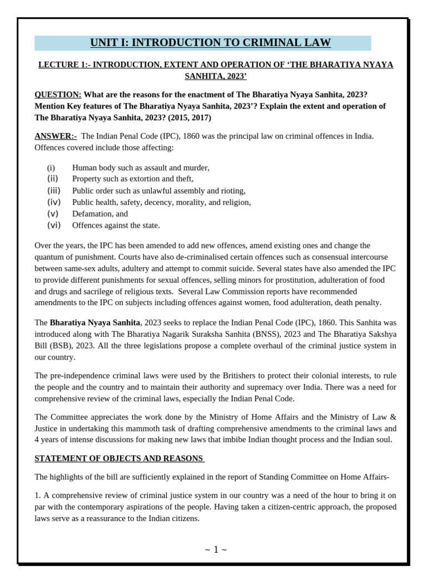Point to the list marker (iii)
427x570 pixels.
pyautogui.click(x=53, y=190)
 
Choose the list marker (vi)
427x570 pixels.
pyautogui.click(x=53, y=225)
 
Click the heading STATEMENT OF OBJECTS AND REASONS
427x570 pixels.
pyautogui.click(x=118, y=459)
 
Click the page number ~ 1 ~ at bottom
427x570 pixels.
pyautogui.click(x=216, y=550)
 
